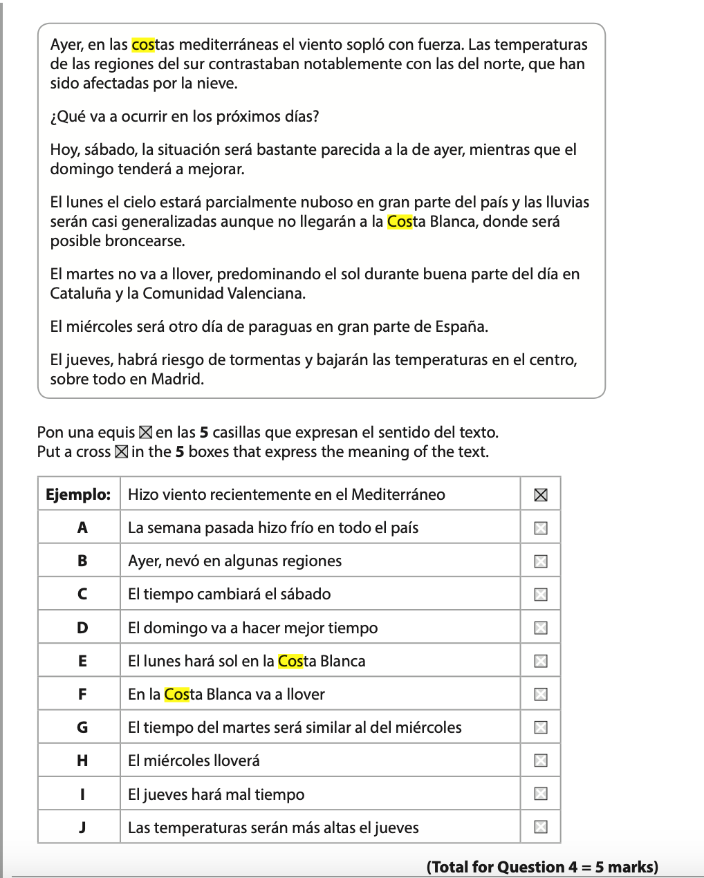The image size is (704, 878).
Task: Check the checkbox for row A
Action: point(541,528)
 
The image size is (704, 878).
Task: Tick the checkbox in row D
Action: point(541,628)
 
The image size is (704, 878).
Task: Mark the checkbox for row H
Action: point(541,760)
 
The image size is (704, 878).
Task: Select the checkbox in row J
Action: point(541,827)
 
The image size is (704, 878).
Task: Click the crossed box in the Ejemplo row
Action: point(541,495)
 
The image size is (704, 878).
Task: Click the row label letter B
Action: point(82,561)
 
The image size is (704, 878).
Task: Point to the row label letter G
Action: point(82,727)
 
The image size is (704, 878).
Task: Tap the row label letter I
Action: point(82,794)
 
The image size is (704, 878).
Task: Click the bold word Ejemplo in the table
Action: point(78,494)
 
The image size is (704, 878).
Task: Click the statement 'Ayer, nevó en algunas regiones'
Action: point(234,561)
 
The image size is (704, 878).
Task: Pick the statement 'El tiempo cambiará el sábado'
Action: point(229,594)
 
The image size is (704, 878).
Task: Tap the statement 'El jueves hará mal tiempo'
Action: point(216,794)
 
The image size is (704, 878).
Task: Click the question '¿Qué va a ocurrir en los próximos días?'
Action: point(185,116)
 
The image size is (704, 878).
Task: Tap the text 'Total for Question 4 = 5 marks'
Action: point(542,867)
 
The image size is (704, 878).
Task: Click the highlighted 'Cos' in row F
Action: point(177,694)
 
